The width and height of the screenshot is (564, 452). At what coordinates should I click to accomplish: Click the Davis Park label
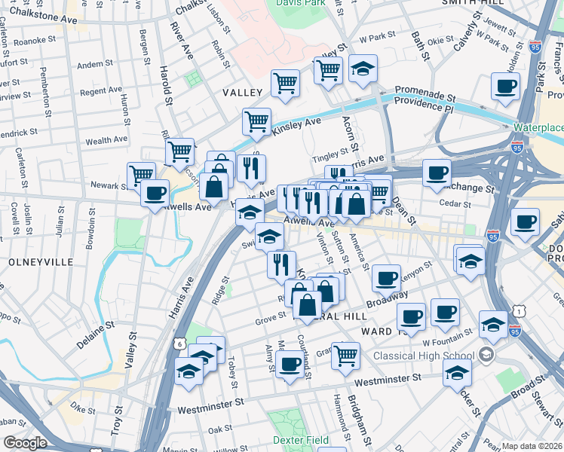pos(315,4)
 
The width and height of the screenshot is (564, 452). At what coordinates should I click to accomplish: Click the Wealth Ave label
pos(106,140)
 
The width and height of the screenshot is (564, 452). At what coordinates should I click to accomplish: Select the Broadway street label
pos(387,298)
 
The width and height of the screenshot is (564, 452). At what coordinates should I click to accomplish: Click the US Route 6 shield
pos(179,344)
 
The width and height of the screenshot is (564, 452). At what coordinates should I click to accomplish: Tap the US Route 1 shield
pos(516,310)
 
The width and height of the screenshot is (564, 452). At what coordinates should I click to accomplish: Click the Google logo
pos(25,443)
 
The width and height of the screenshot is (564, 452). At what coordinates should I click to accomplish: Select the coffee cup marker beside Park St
pos(505,85)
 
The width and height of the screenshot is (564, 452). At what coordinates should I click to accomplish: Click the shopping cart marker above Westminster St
pos(345,353)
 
